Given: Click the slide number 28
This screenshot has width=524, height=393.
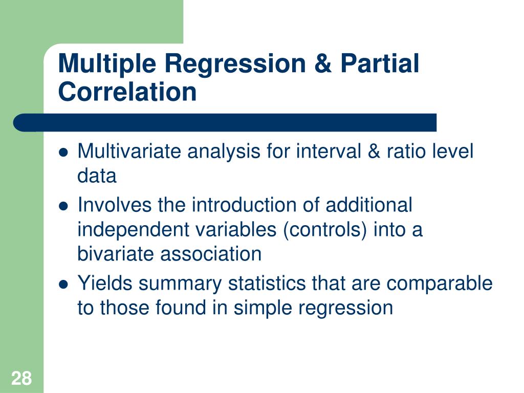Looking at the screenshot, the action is point(21,378).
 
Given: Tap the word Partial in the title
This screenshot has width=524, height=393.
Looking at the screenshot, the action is point(380,63).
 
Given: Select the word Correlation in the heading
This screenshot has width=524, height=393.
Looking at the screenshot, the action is point(127,92).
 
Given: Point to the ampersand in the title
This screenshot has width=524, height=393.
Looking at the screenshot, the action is point(323,63).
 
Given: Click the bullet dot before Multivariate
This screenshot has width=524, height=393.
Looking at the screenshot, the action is point(63,152).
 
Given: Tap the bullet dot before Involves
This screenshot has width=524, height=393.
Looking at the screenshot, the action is point(63,206).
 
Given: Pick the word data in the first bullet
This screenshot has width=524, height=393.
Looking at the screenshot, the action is point(97,176).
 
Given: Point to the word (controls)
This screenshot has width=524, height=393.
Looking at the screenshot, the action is point(324,230).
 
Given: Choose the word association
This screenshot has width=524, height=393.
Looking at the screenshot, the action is point(211,254).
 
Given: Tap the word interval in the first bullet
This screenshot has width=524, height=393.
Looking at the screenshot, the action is point(329,151).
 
